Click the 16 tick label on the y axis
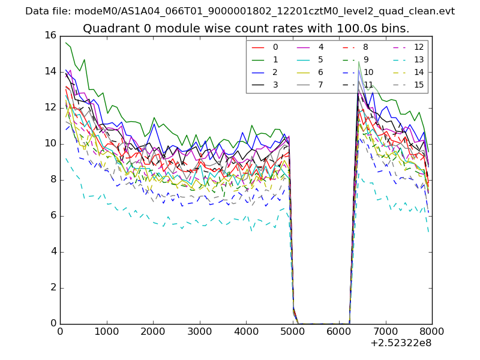[50, 35]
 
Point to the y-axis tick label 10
[50, 143]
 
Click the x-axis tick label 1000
[106, 331]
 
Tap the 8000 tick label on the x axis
[432, 331]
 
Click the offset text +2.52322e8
[400, 343]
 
